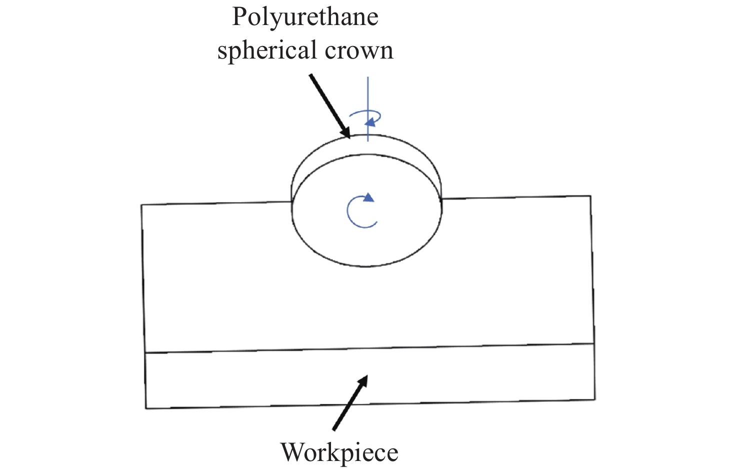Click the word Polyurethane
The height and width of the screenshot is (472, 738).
click(x=305, y=18)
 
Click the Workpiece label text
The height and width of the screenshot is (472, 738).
click(x=339, y=453)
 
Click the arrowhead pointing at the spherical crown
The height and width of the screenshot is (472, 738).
click(x=346, y=133)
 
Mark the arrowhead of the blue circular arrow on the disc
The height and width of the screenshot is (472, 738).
click(x=368, y=197)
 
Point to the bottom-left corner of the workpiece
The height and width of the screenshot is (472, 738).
click(x=145, y=408)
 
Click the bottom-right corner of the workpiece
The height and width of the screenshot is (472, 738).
click(x=595, y=399)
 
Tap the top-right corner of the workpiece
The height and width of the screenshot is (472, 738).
click(x=591, y=196)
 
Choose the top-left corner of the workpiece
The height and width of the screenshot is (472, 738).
click(x=141, y=205)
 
